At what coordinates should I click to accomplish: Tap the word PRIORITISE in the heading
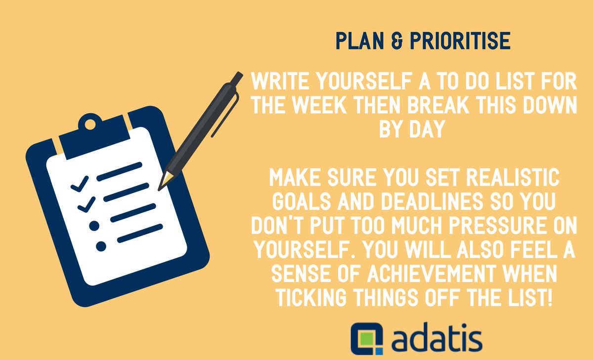[x=458, y=41]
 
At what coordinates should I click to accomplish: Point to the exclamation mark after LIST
[x=550, y=298]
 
